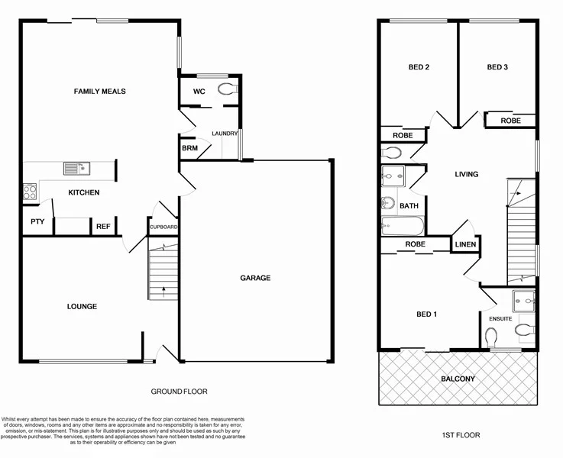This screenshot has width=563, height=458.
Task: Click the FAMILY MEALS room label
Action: [x=99, y=92]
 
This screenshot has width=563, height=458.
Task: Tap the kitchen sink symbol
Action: [x=76, y=168]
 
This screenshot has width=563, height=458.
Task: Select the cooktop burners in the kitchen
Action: [x=30, y=192]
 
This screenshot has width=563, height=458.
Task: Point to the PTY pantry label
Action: [x=36, y=222]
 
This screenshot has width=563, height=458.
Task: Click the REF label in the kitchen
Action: [x=102, y=226]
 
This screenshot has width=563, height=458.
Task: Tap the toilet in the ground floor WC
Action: [x=226, y=90]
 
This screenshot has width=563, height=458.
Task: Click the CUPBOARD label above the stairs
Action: [x=163, y=227]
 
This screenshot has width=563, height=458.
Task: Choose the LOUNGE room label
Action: [x=82, y=307]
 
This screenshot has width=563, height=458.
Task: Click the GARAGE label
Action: [x=255, y=278]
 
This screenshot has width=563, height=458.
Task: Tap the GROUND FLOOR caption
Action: [x=179, y=392]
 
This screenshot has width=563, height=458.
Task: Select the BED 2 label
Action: [x=419, y=67]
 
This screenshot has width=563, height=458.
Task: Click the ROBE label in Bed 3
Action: [x=510, y=121]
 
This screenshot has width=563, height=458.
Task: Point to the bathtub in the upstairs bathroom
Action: [x=401, y=226]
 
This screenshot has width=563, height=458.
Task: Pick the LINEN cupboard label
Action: [x=465, y=245]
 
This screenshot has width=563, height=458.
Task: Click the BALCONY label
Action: [x=458, y=379]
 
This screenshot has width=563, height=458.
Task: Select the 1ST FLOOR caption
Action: [x=461, y=435]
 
